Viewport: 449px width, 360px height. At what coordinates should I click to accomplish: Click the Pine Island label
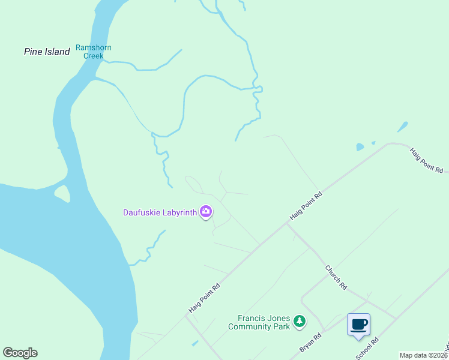(x=47, y=52)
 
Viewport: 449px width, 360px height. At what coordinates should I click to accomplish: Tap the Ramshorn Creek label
(x=93, y=52)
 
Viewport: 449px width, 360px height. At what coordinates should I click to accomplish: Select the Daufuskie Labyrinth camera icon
(x=206, y=211)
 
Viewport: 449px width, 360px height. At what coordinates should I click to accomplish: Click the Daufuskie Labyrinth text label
(x=160, y=212)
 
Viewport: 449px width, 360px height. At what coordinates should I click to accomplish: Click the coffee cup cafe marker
(x=359, y=325)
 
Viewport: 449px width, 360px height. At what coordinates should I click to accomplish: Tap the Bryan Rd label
(x=311, y=343)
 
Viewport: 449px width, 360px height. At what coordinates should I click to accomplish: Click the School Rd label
(x=367, y=349)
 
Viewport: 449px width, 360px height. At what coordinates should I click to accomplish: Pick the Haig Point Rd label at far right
(x=427, y=160)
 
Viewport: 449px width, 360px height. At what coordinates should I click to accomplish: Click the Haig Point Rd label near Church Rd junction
(x=307, y=206)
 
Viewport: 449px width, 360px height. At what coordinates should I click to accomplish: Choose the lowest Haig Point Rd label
(x=205, y=297)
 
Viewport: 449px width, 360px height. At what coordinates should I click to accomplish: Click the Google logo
(x=20, y=353)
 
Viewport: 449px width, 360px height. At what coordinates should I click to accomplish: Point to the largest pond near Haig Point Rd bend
(x=360, y=147)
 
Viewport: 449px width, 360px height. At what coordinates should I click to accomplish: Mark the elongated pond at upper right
(x=402, y=127)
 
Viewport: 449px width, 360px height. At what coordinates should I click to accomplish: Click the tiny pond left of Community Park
(x=195, y=344)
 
